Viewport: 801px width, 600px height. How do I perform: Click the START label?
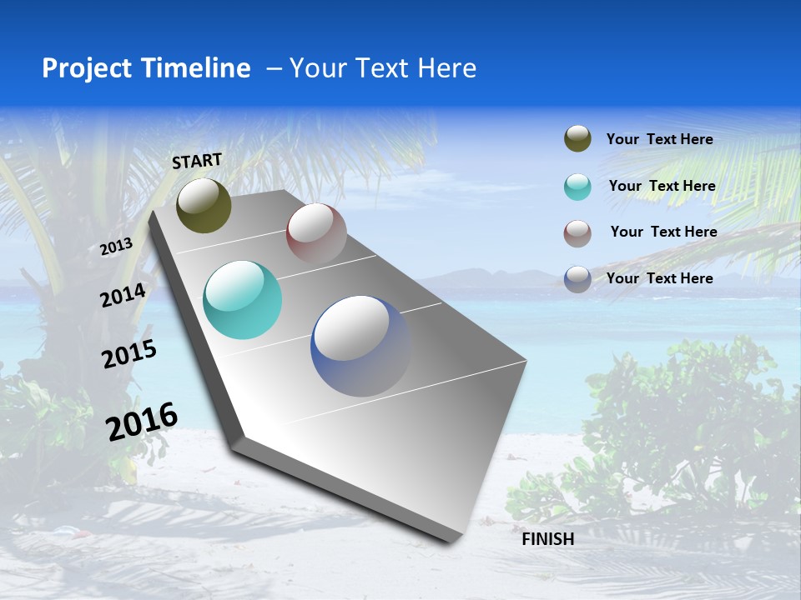click(197, 161)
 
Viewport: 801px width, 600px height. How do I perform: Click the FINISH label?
click(547, 539)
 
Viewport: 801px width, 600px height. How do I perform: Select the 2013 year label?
click(116, 247)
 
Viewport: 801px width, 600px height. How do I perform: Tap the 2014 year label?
click(123, 296)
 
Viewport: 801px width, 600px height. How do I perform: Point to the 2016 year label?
click(142, 421)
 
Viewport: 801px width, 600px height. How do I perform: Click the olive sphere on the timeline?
click(204, 205)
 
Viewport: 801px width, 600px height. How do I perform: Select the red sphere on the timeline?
click(316, 233)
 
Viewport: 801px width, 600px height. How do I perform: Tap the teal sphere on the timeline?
click(242, 300)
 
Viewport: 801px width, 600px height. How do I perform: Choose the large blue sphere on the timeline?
click(360, 345)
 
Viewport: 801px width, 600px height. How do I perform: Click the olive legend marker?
click(577, 139)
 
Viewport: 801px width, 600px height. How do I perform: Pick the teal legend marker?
click(577, 187)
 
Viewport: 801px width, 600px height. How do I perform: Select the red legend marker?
click(577, 233)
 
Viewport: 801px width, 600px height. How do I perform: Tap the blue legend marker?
click(577, 279)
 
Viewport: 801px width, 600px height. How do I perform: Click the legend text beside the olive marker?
click(659, 139)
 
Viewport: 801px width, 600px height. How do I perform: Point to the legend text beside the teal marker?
click(662, 186)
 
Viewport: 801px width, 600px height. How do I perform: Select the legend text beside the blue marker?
click(659, 278)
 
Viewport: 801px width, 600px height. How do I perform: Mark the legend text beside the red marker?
click(663, 232)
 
